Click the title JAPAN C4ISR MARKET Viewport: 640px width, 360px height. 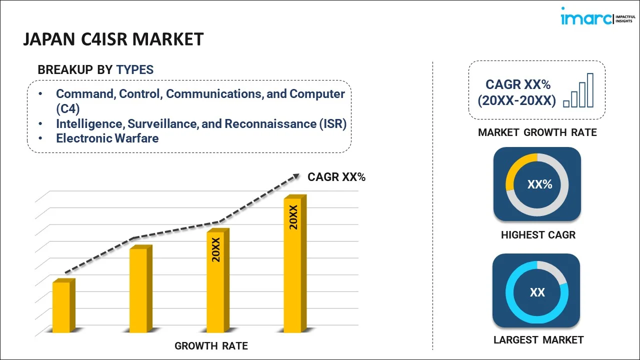[x=113, y=39]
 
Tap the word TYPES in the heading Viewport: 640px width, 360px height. [x=135, y=70]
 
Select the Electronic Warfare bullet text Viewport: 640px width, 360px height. [x=107, y=138]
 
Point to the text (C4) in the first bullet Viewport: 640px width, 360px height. [x=67, y=108]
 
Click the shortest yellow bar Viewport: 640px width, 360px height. [x=61, y=306]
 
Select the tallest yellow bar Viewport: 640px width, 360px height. [x=292, y=265]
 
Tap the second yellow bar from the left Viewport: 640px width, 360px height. [x=138, y=290]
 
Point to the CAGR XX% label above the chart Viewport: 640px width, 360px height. [x=336, y=177]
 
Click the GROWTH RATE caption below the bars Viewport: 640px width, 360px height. [x=211, y=346]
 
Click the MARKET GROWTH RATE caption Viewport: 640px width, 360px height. [x=537, y=132]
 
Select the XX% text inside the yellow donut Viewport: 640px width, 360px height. [x=539, y=184]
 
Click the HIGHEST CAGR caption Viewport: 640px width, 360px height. [x=538, y=235]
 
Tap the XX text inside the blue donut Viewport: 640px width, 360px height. [x=537, y=292]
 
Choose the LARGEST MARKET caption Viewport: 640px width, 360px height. [x=538, y=340]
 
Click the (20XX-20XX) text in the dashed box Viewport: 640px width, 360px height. [x=516, y=101]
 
